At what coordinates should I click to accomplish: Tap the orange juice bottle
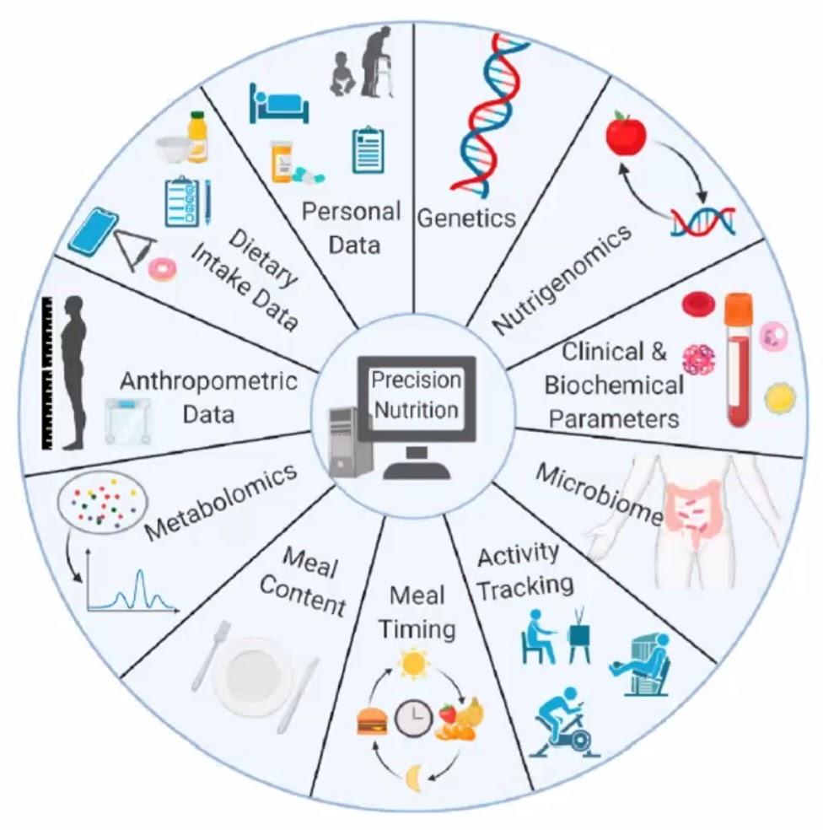pos(198,137)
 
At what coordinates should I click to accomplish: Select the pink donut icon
pos(161,269)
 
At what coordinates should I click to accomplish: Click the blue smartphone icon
pos(93,232)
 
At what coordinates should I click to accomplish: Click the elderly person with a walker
pos(376,62)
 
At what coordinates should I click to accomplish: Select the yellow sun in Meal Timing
pos(413,663)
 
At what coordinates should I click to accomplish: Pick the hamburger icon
pos(372,721)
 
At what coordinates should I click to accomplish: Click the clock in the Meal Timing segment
pos(413,719)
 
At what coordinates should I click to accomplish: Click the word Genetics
pos(466,218)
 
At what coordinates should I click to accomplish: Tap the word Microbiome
pos(600,494)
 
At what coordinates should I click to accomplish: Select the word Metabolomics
pos(221,502)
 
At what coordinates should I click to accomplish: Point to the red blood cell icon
pos(698,305)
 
